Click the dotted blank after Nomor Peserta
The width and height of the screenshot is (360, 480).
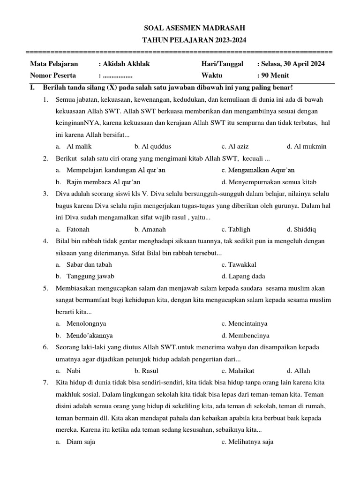point(118,75)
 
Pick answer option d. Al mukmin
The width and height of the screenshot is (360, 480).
point(307,147)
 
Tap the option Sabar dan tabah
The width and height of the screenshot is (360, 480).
point(84,264)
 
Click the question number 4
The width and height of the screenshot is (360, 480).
point(45,241)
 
